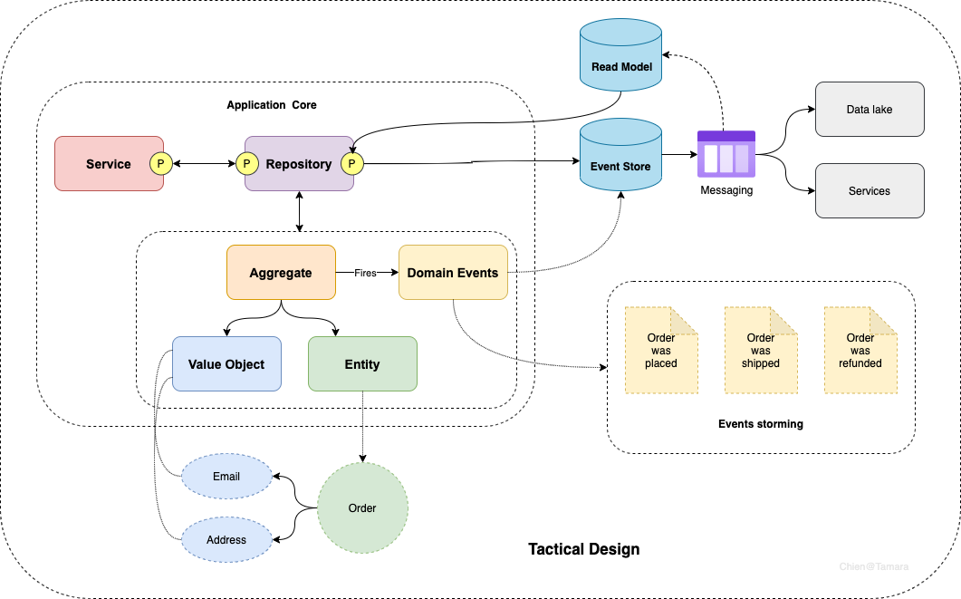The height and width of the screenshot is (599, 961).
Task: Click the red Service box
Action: tap(107, 164)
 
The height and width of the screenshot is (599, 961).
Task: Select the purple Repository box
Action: tap(299, 164)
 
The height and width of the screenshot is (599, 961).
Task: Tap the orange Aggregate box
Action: tap(281, 273)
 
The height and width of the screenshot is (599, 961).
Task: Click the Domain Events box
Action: tap(453, 273)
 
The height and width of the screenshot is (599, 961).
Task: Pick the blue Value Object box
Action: tap(226, 364)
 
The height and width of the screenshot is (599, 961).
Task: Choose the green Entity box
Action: tap(362, 364)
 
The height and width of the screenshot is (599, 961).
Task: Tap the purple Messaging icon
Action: tap(726, 155)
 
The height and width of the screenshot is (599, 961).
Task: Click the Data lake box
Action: tap(870, 110)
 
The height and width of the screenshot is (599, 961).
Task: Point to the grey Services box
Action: tap(870, 191)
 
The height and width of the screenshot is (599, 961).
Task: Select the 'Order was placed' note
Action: tap(661, 351)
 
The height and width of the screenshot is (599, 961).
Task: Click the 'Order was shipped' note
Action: tap(761, 351)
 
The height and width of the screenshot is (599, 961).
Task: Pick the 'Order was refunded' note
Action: tap(860, 351)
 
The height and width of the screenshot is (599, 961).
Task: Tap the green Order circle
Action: tap(362, 507)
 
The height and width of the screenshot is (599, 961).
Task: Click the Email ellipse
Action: tap(226, 477)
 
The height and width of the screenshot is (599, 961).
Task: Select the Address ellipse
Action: tap(226, 540)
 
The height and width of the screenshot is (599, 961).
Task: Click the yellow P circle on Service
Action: tap(160, 164)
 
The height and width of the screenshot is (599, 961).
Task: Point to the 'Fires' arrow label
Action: tap(365, 273)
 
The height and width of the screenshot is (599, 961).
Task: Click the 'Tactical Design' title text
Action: tap(583, 549)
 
